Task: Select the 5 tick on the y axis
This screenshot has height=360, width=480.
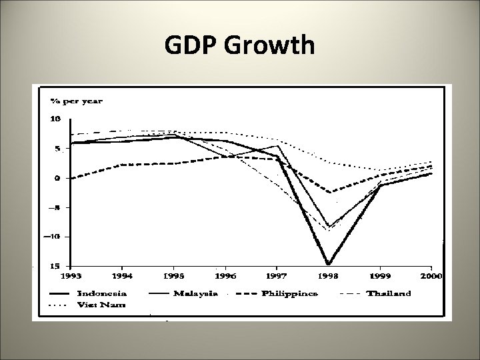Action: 57,149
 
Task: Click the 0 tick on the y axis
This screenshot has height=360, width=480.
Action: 58,178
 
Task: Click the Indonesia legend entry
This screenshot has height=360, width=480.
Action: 103,293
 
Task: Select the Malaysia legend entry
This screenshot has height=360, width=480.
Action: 195,293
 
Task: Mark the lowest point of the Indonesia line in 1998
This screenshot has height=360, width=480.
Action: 329,264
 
